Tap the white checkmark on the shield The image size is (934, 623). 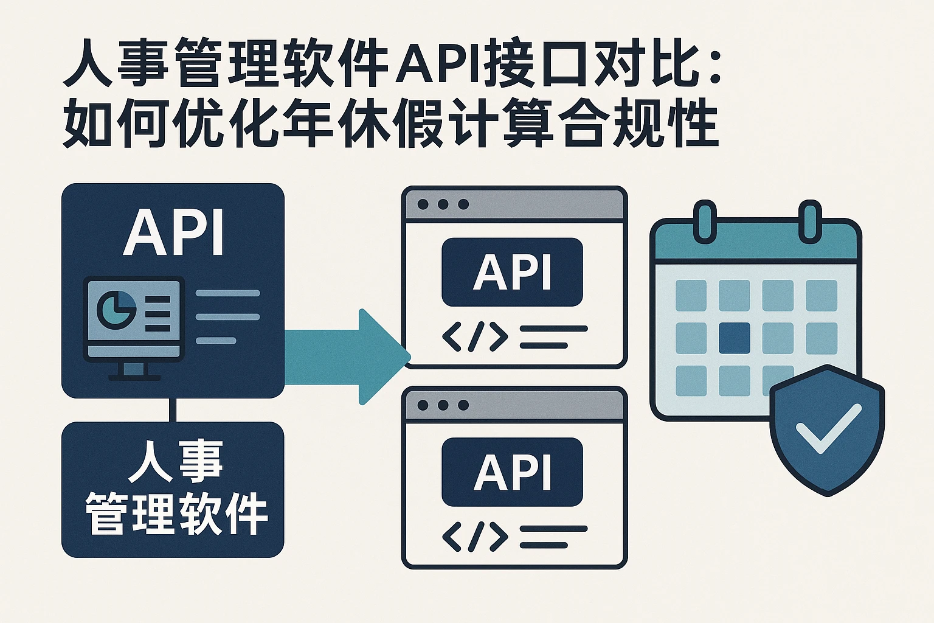click(x=828, y=430)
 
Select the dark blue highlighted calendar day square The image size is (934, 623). click(x=735, y=338)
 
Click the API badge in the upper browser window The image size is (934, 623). click(x=512, y=272)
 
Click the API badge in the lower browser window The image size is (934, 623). click(x=512, y=472)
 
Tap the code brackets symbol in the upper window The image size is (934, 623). click(x=475, y=337)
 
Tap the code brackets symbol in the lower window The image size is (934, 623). click(x=475, y=537)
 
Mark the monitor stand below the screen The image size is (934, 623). click(x=134, y=371)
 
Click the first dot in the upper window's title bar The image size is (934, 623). click(x=423, y=204)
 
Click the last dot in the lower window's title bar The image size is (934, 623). click(x=463, y=405)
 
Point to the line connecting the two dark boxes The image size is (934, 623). click(x=173, y=410)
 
